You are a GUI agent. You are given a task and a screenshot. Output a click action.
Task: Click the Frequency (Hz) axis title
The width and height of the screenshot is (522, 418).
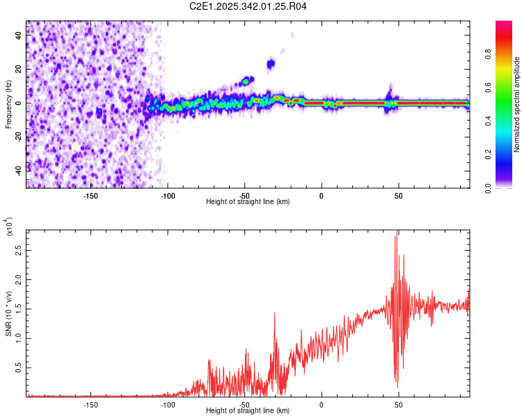click(8, 104)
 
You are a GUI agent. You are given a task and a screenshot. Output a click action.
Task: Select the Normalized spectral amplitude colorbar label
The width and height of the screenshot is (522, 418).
click(516, 104)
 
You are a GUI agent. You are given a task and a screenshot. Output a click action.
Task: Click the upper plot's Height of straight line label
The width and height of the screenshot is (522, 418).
click(248, 201)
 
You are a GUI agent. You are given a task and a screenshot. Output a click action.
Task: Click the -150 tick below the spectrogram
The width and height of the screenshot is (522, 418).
click(90, 194)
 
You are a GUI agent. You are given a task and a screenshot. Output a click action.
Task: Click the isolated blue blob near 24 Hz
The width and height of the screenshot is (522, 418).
click(271, 64)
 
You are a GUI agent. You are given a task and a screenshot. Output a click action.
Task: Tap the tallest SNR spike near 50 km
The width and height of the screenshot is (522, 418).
click(397, 232)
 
